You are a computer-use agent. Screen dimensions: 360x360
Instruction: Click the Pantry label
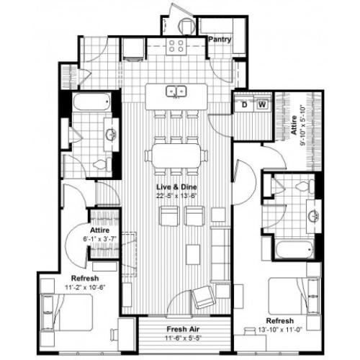[x=220, y=40]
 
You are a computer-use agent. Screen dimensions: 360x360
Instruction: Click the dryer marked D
[x=245, y=105]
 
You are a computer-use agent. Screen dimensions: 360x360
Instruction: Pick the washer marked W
[x=262, y=105]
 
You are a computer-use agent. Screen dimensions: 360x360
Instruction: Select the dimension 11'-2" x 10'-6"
[x=84, y=288]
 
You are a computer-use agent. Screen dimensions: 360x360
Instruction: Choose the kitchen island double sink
[x=176, y=91]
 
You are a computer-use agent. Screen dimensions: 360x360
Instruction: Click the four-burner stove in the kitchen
[x=177, y=46]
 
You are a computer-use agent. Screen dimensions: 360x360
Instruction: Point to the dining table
[x=176, y=155]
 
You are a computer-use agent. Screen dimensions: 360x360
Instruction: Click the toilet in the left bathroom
[x=99, y=165]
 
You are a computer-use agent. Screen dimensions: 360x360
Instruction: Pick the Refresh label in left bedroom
[x=84, y=279]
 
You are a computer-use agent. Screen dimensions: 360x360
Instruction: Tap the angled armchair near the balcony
[x=204, y=296]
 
